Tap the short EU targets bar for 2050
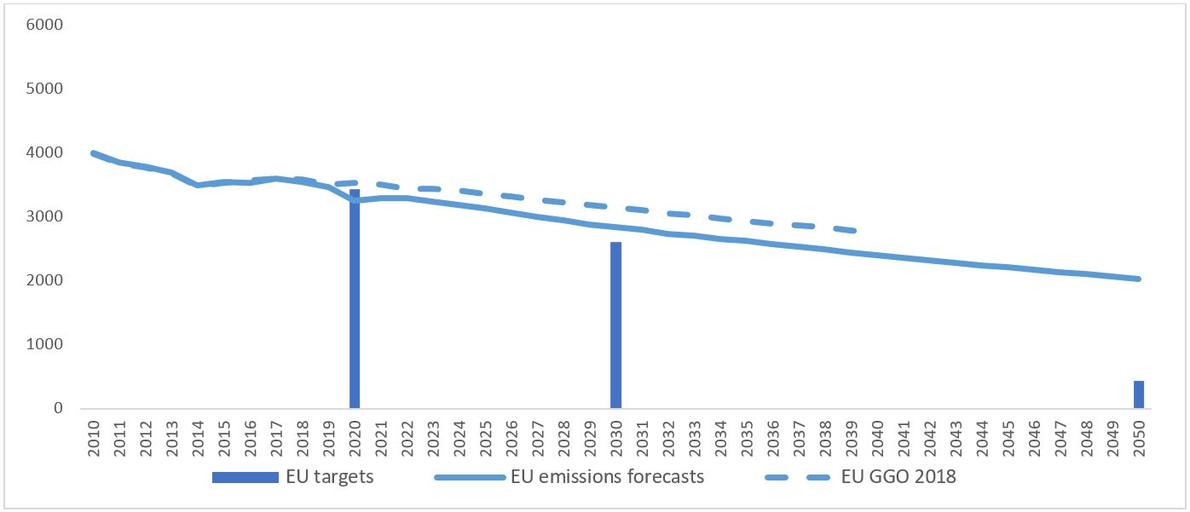click(x=1139, y=394)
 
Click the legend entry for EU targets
click(x=293, y=477)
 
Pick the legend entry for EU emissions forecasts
click(x=569, y=477)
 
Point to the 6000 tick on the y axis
click(x=46, y=25)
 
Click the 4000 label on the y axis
click(x=46, y=152)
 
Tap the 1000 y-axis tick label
click(x=46, y=344)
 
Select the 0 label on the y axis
click(x=59, y=408)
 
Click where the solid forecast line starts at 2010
click(x=93, y=153)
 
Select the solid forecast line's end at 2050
click(x=1139, y=279)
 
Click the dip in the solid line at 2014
click(x=198, y=185)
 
